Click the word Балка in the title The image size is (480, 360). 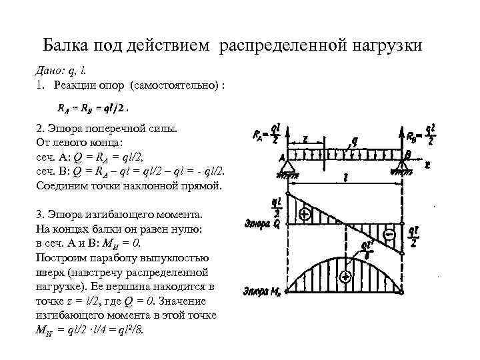pos(65,45)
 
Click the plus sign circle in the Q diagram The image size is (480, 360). pos(305,215)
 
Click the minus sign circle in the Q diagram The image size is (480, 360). pos(390,235)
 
